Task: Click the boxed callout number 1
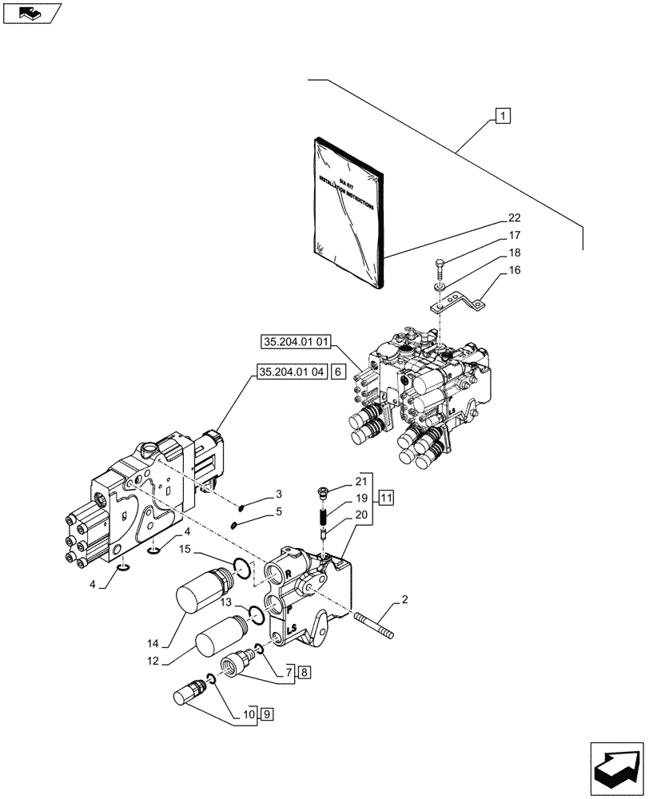pyautogui.click(x=503, y=117)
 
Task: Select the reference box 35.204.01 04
pyautogui.click(x=292, y=372)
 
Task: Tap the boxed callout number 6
pyautogui.click(x=338, y=372)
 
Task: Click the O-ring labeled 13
pyautogui.click(x=255, y=614)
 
